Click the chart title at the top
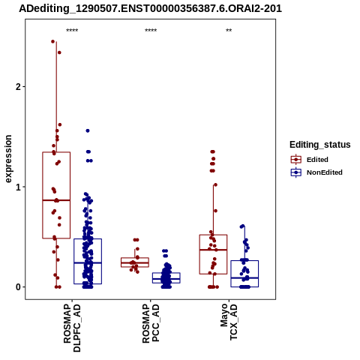point(150,9)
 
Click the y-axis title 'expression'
point(8,159)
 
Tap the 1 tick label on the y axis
point(18,187)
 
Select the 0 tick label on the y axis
point(18,287)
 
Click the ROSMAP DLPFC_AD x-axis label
point(72,328)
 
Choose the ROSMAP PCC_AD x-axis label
point(151,324)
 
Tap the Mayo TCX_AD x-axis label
point(229,322)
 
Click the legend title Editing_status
point(320,145)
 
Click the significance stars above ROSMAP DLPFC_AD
point(72,31)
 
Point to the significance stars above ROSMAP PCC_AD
point(151,31)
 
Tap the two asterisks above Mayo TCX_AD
point(229,31)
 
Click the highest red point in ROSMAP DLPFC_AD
point(53,41)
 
